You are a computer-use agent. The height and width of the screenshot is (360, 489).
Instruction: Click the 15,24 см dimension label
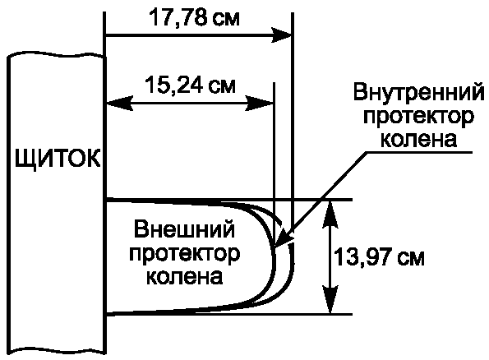click(x=190, y=85)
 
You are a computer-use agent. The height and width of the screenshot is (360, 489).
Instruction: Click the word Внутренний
click(x=419, y=93)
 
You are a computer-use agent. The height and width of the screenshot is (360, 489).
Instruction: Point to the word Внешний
click(x=184, y=230)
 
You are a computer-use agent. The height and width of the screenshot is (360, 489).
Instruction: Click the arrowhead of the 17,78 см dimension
click(x=281, y=35)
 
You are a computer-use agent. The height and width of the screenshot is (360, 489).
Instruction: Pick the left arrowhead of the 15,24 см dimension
click(x=119, y=103)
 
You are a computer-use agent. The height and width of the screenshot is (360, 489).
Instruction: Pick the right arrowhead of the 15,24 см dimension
click(x=260, y=103)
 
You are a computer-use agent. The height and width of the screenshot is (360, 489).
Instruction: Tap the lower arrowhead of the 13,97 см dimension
click(x=330, y=299)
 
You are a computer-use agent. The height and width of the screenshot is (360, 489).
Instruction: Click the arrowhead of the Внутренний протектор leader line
click(x=281, y=239)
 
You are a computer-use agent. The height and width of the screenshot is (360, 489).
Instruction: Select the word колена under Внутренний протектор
click(x=419, y=139)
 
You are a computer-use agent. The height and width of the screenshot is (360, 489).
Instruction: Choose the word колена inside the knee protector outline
click(x=185, y=276)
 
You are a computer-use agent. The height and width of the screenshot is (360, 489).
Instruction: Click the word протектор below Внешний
click(x=184, y=255)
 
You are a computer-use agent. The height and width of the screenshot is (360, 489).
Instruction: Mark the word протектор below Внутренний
click(x=418, y=118)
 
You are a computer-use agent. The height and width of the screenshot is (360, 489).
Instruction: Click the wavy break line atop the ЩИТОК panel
click(x=57, y=55)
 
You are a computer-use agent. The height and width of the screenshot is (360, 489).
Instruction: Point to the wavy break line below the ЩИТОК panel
click(x=57, y=350)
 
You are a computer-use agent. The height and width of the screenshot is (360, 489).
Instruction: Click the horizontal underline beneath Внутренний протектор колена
click(x=419, y=153)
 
